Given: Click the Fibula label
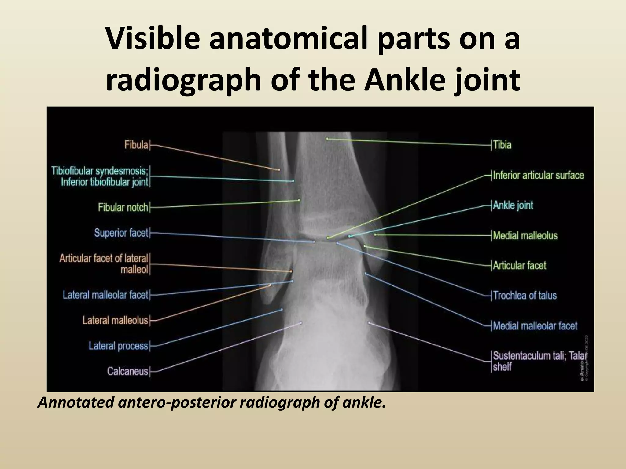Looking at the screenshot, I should pyautogui.click(x=136, y=144).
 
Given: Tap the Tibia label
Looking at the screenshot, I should pyautogui.click(x=502, y=145).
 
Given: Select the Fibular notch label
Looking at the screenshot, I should pyautogui.click(x=123, y=208).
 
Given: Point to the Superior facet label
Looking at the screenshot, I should pyautogui.click(x=121, y=233).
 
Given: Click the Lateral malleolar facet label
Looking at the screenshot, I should pyautogui.click(x=105, y=295).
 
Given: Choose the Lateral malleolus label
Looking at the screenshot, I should pyautogui.click(x=115, y=320).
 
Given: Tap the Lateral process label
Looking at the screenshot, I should pyautogui.click(x=118, y=346).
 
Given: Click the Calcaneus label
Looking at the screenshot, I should pyautogui.click(x=127, y=371).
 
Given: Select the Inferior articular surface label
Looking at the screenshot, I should pyautogui.click(x=538, y=175).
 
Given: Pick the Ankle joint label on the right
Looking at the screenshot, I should pyautogui.click(x=513, y=205).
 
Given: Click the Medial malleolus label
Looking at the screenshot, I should pyautogui.click(x=525, y=235).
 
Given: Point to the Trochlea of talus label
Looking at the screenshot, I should pyautogui.click(x=525, y=295).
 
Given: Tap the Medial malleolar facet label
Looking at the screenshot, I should pyautogui.click(x=535, y=326).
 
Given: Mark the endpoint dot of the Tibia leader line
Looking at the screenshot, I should pyautogui.click(x=327, y=139).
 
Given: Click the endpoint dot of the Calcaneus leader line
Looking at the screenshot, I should pyautogui.click(x=301, y=322).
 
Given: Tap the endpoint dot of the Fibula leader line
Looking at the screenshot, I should pyautogui.click(x=279, y=169).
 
